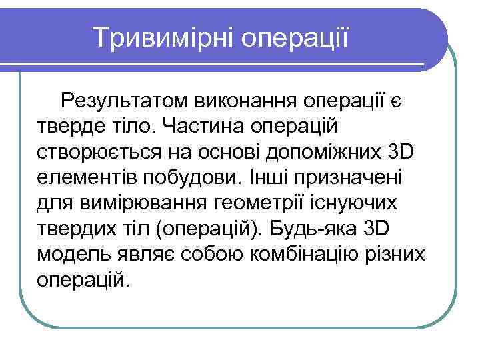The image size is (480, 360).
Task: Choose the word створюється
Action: click(97, 153)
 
